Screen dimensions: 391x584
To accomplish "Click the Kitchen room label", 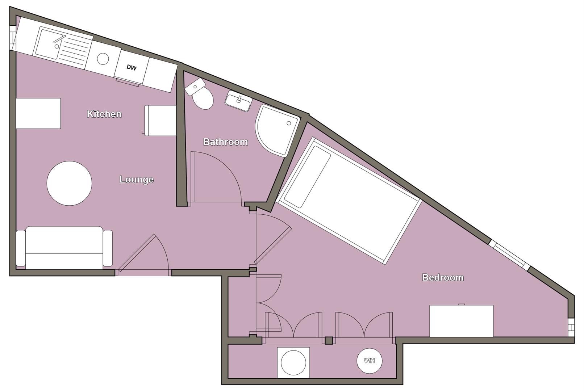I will click(x=104, y=114).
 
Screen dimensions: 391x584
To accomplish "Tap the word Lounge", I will click(x=136, y=180).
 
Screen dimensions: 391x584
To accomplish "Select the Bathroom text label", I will click(x=225, y=142).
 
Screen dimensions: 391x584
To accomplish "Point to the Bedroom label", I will click(x=443, y=278).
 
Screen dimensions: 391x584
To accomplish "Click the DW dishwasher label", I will click(x=132, y=67).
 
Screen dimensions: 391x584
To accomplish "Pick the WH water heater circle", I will click(x=369, y=361).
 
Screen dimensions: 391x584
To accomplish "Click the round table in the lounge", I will click(x=69, y=183).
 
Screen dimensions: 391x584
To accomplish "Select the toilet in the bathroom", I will click(x=201, y=96).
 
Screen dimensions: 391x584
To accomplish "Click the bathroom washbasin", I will click(x=238, y=101).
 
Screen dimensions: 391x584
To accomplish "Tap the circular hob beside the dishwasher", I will click(x=103, y=59).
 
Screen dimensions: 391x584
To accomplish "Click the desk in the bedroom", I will click(x=461, y=321).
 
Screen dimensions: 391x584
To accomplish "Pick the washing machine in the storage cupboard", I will click(x=293, y=362).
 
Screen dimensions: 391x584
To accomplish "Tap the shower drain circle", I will click(x=289, y=123).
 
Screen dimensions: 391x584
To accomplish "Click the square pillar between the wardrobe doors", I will click(x=329, y=340).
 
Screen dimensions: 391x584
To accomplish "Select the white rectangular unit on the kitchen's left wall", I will click(x=38, y=113).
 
